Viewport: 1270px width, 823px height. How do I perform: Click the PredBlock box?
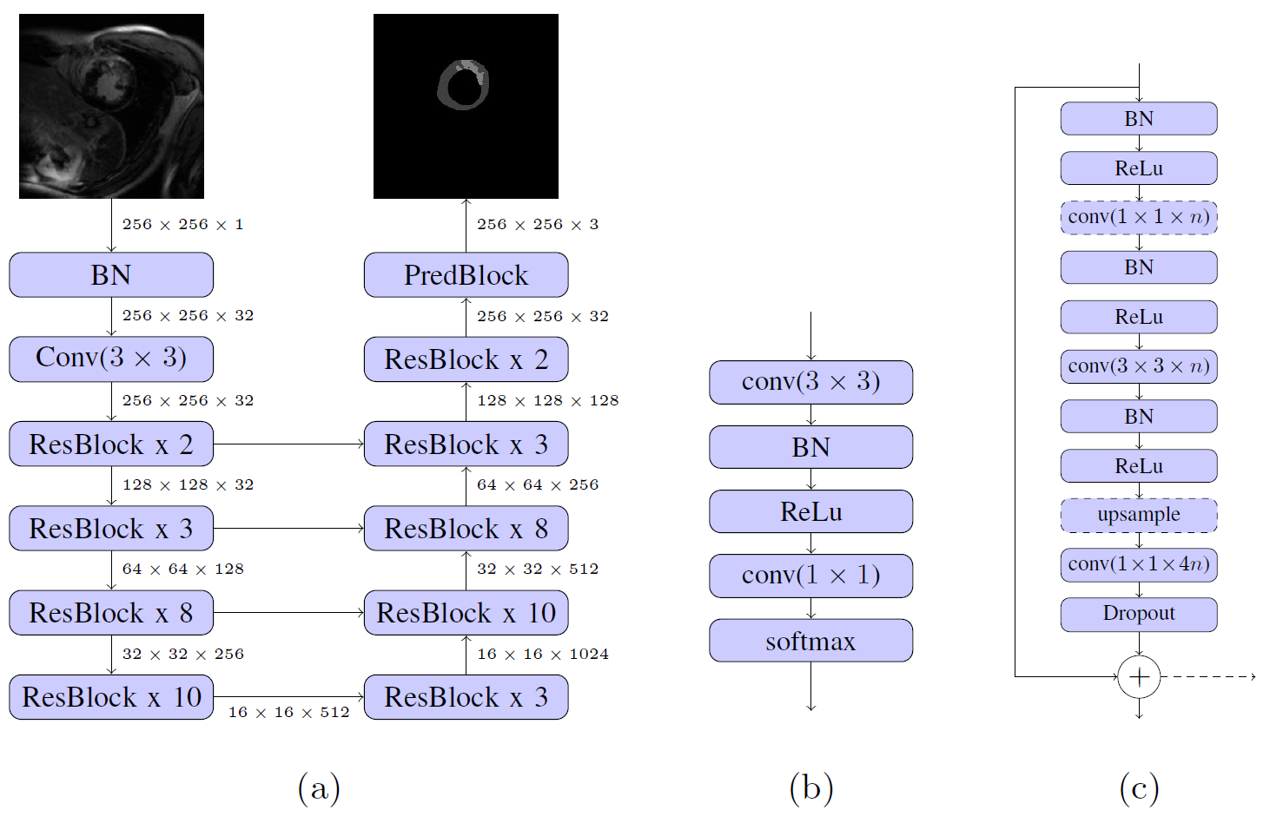tap(466, 275)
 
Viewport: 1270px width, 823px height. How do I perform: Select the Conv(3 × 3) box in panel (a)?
tap(111, 359)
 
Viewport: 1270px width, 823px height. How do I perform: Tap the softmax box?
tap(810, 641)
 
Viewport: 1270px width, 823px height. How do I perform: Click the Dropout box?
tap(1139, 615)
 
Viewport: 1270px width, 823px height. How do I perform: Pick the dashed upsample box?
tap(1139, 515)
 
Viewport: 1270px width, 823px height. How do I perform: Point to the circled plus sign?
tap(1139, 677)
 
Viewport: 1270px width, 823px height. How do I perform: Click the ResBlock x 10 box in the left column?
tap(111, 696)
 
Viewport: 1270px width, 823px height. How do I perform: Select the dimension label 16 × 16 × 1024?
tap(543, 654)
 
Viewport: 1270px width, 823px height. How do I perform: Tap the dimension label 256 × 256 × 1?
tap(182, 225)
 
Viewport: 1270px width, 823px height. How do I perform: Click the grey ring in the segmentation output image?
tap(463, 85)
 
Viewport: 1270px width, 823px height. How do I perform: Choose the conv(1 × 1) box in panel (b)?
tap(810, 576)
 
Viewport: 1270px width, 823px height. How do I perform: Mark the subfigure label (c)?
tap(1139, 788)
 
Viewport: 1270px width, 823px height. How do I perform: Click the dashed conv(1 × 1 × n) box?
tap(1139, 218)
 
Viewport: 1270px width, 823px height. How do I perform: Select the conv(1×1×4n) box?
tap(1139, 564)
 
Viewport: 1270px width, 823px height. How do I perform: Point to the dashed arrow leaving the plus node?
tap(1208, 677)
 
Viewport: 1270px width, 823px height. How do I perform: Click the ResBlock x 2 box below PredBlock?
tap(466, 359)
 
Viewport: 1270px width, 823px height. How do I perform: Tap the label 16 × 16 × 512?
tap(288, 713)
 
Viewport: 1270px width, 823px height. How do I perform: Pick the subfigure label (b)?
tap(811, 788)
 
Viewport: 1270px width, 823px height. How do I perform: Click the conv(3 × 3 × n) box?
tap(1139, 366)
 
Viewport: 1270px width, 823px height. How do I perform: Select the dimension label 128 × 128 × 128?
tap(547, 401)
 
